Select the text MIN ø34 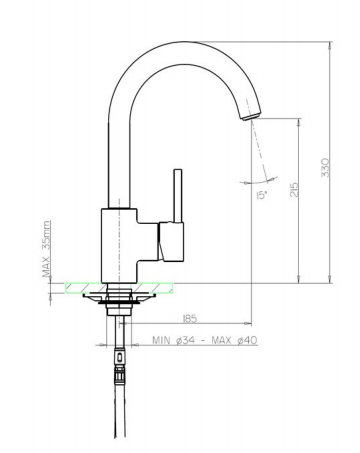point(172,341)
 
